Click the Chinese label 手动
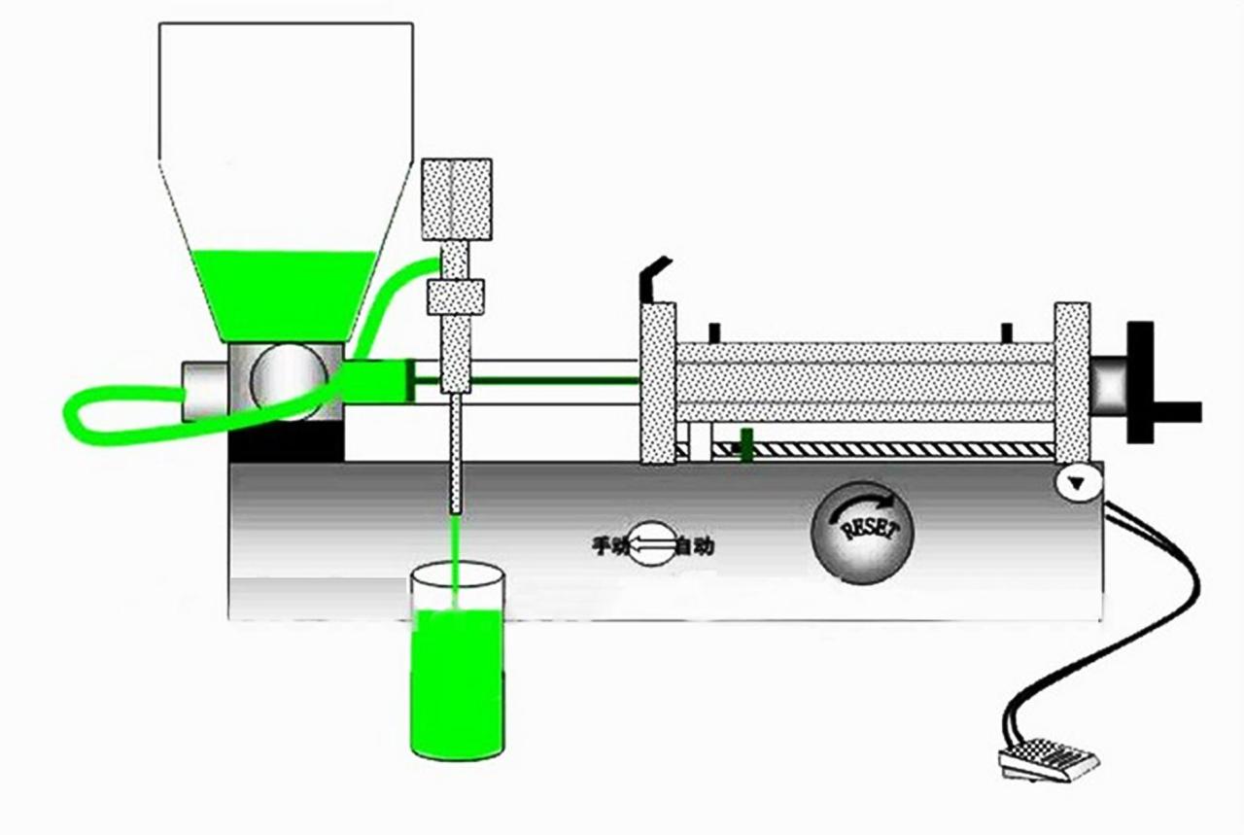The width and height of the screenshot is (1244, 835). tap(611, 545)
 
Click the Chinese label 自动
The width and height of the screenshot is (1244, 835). tap(696, 546)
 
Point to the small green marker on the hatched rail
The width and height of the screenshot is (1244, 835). tap(745, 444)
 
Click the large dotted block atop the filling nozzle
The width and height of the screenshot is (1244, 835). tap(457, 198)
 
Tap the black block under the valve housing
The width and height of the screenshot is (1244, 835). tap(286, 441)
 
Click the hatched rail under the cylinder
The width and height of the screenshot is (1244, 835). tap(884, 450)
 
